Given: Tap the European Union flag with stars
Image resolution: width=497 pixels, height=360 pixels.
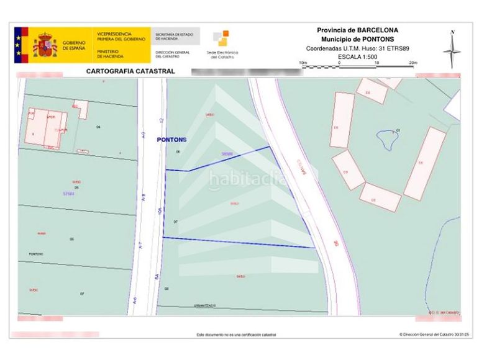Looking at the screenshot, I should (x=21, y=43).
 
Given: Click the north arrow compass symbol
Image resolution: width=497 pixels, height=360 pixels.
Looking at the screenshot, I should (x=452, y=49).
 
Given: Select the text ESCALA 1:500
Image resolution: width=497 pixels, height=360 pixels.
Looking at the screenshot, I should (x=357, y=56).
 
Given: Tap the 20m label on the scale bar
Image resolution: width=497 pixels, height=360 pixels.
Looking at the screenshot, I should (x=413, y=63).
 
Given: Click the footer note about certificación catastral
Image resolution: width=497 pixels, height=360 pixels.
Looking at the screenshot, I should (x=236, y=335).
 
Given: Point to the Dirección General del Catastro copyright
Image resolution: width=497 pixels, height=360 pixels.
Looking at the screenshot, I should (x=431, y=334).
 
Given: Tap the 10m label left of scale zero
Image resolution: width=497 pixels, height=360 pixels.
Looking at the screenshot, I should (x=303, y=63).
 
